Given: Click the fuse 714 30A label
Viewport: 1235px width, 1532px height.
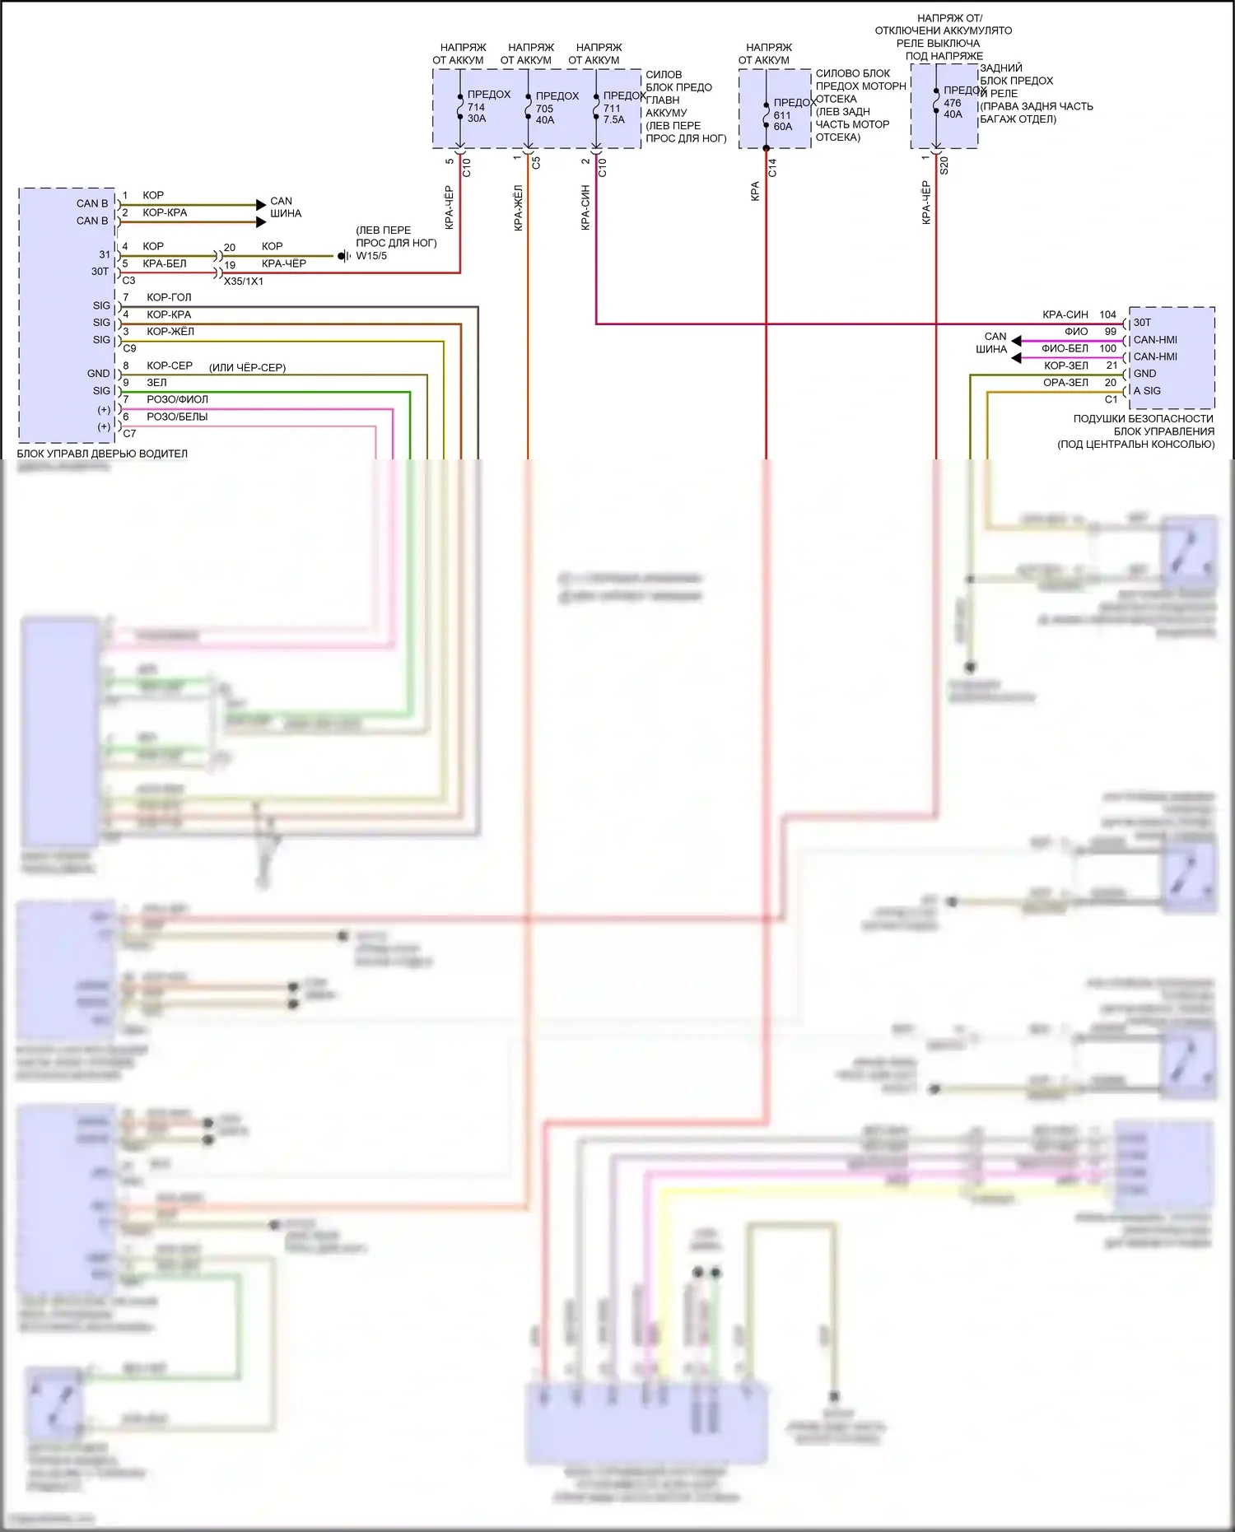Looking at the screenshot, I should click(476, 113).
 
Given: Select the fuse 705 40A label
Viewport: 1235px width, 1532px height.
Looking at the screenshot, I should click(544, 114).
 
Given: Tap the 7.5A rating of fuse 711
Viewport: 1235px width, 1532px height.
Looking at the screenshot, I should click(613, 119).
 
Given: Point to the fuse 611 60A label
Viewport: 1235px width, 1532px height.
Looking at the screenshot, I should click(782, 121).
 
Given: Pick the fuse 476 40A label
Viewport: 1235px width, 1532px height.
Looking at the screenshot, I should click(953, 109).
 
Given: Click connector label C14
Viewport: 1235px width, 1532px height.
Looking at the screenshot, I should click(772, 168).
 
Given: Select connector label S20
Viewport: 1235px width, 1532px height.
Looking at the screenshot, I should click(944, 165).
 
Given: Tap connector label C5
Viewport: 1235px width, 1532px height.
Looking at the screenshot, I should click(536, 163).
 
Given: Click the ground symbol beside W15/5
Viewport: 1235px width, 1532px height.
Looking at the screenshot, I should click(344, 256).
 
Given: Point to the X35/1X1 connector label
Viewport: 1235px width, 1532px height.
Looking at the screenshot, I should click(244, 282).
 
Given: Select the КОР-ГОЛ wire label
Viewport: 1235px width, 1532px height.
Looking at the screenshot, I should click(169, 297).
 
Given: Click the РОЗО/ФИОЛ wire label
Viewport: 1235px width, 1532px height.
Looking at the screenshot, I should click(177, 399).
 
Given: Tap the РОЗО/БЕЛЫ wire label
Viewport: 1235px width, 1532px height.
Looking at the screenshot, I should click(177, 417).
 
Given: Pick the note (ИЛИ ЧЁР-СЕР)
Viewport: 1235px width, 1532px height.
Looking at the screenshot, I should click(247, 367).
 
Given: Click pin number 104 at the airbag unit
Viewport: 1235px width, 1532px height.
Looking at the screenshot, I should click(1107, 314).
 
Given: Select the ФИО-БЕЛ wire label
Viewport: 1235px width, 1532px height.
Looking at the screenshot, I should click(1065, 348).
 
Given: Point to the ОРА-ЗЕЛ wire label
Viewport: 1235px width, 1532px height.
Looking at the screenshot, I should click(1065, 382).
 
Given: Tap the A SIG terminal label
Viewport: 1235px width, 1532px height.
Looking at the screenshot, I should click(1147, 391).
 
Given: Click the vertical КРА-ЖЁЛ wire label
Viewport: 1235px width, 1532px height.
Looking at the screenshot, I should click(519, 207).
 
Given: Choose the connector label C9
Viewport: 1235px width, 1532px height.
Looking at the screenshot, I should click(129, 348).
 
